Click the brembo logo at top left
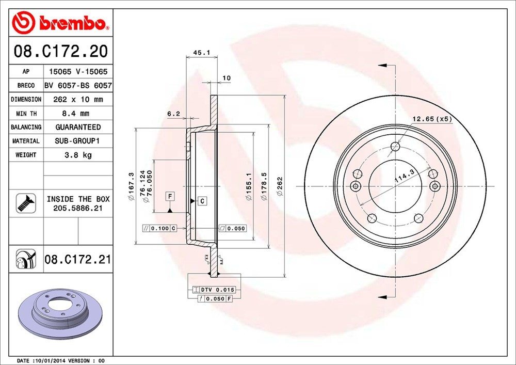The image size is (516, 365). coord(60,23)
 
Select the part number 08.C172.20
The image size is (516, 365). coord(60,52)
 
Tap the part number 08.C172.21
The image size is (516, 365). coord(78,259)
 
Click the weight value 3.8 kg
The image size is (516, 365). coord(78,155)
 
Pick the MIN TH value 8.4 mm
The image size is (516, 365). coord(78,113)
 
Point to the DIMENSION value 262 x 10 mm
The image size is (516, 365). coord(78,99)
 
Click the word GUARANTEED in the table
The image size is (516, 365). coord(78,127)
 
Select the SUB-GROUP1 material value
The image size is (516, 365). coord(78,141)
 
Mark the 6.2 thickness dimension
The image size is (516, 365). coord(173,114)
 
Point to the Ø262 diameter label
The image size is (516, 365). coord(279,186)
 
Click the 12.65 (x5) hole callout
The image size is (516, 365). coord(432,119)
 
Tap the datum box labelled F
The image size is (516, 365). coord(169,196)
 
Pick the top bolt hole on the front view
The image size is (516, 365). coord(395,146)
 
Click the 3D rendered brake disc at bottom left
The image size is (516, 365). coord(61,311)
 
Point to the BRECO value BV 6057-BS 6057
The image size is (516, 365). coord(78,85)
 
